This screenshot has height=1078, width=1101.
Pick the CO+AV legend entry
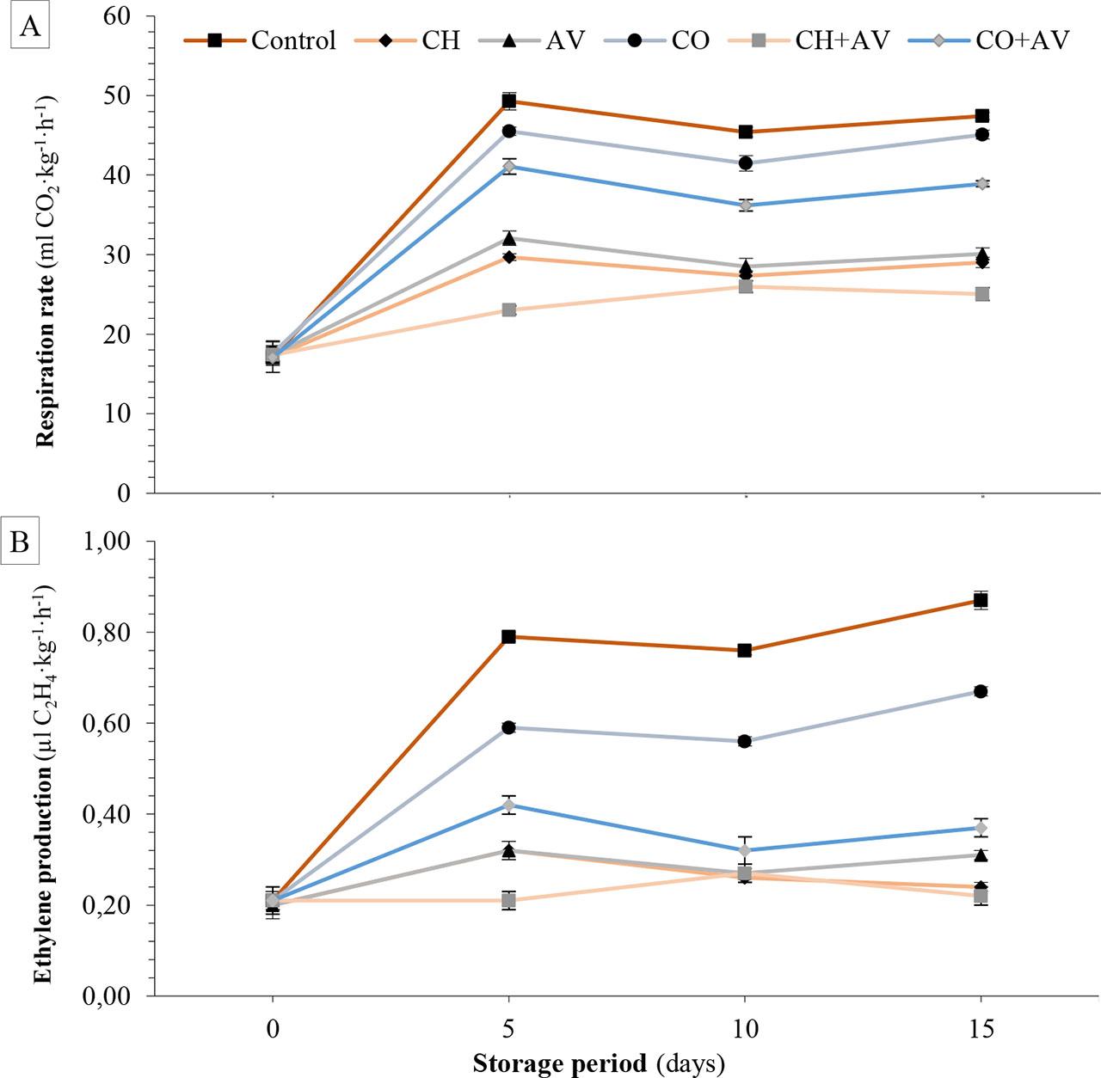pos(998,40)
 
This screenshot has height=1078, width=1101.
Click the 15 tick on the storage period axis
pos(981,1026)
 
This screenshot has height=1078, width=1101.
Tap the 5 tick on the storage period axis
pos(509,1026)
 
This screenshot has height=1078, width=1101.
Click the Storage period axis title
pos(599,1063)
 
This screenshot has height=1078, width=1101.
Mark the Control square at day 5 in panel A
pos(509,101)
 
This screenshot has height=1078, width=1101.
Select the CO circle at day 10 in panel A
pos(745,162)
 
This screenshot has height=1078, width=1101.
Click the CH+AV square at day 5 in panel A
pos(509,309)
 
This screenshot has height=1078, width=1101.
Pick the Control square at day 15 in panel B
pos(981,600)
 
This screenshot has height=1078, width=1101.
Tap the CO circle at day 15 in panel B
pos(981,691)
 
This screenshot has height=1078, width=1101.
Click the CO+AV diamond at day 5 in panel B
pos(509,805)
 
